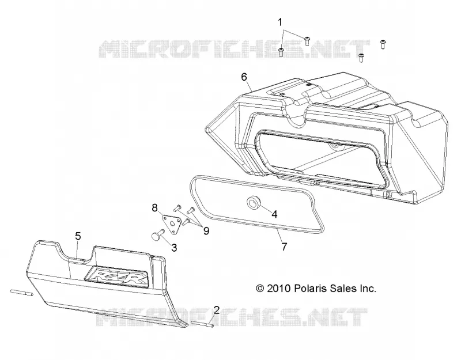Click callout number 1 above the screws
click(280, 22)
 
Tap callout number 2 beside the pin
click(217, 310)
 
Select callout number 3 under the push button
click(174, 248)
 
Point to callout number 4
click(274, 214)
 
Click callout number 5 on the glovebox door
click(78, 236)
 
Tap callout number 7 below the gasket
click(284, 247)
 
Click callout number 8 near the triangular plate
click(154, 208)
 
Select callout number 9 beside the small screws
click(206, 231)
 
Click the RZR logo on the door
click(116, 276)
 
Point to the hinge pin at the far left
click(21, 293)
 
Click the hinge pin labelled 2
click(202, 324)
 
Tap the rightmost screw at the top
click(383, 44)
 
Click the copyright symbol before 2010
click(260, 289)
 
